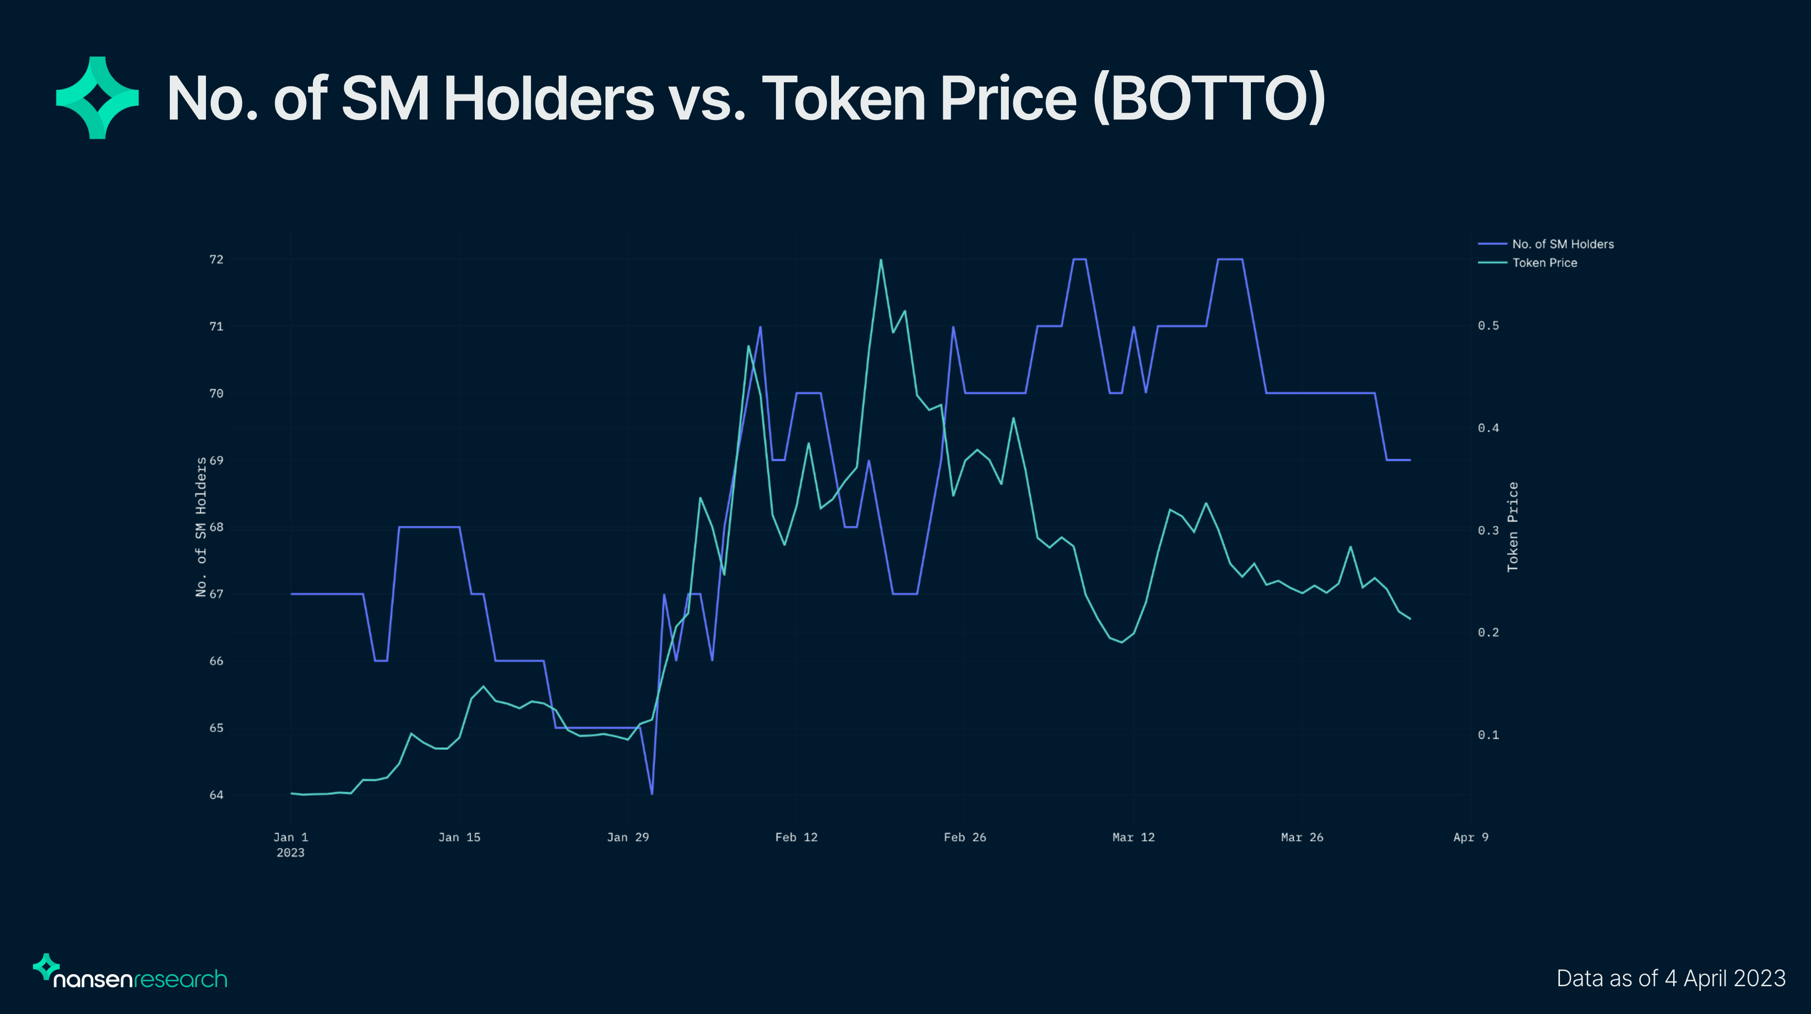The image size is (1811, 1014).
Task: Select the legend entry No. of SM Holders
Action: point(1562,244)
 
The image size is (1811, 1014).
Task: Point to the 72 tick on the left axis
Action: point(216,260)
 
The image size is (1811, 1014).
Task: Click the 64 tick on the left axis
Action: point(216,795)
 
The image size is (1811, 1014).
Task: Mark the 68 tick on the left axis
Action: point(216,527)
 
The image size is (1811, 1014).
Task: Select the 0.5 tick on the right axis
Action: point(1488,326)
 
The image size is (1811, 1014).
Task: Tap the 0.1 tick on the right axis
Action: point(1488,735)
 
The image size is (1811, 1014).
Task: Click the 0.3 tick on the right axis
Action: point(1488,530)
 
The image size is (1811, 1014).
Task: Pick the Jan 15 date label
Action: point(459,837)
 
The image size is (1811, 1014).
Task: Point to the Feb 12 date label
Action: point(796,837)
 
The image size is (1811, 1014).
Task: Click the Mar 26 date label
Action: point(1301,837)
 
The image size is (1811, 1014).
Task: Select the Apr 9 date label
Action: point(1470,837)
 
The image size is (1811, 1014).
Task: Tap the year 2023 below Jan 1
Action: point(290,853)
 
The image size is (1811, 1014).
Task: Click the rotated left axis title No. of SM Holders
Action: point(201,527)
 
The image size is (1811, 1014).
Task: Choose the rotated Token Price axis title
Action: point(1513,527)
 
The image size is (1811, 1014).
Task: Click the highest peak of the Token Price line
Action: point(880,260)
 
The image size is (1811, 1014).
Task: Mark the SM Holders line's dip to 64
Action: point(652,794)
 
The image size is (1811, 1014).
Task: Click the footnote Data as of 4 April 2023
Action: point(1671,979)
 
